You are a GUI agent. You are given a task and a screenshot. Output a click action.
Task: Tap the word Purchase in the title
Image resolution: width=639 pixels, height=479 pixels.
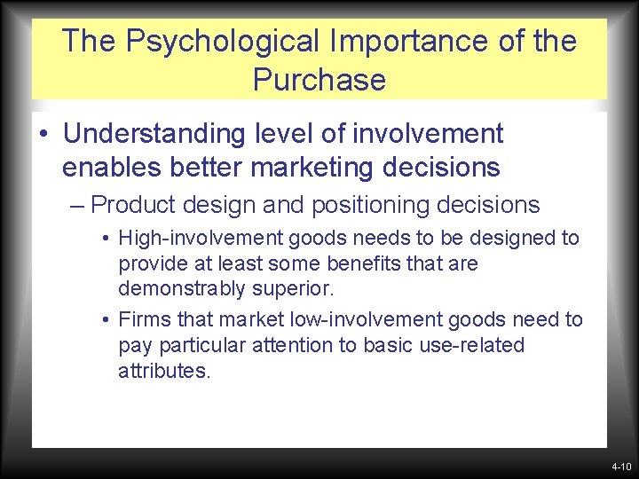click(319, 80)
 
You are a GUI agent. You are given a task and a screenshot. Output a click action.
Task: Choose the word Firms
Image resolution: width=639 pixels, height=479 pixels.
click(141, 318)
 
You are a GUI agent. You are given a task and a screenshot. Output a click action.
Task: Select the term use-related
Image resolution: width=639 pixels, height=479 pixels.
click(472, 344)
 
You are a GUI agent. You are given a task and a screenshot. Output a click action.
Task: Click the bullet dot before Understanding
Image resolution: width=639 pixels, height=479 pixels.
click(43, 135)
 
